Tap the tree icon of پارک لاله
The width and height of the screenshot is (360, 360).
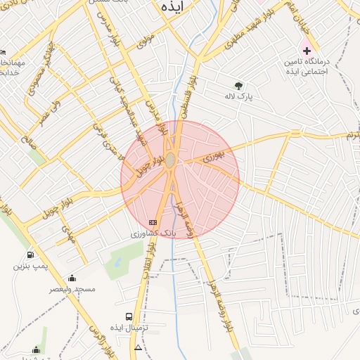(238, 85)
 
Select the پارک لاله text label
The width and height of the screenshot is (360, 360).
(238, 95)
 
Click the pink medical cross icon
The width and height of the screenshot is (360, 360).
(307, 51)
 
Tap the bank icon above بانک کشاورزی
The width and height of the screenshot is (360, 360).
(153, 222)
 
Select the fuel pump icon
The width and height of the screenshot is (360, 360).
(30, 255)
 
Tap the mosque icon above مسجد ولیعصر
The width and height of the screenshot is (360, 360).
(72, 278)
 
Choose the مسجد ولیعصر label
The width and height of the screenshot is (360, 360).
(72, 289)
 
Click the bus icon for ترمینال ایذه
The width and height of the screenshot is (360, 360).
(129, 316)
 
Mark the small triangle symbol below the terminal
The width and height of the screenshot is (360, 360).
(138, 347)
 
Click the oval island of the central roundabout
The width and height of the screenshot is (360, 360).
(171, 160)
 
